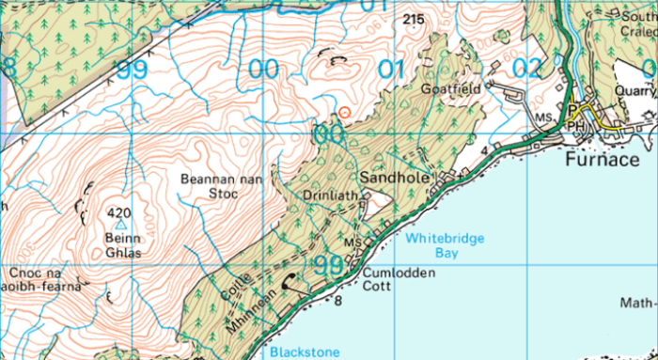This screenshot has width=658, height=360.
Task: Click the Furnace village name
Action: click(603, 160)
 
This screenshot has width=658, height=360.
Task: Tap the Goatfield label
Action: click(458, 89)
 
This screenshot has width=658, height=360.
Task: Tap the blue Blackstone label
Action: click(305, 352)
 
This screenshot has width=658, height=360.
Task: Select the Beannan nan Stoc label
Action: click(208, 185)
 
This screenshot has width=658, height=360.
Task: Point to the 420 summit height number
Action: click(119, 211)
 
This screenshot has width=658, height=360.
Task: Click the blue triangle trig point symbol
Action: click(119, 226)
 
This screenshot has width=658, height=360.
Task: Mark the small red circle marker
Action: click(345, 113)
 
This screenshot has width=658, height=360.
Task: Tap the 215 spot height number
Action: click(412, 19)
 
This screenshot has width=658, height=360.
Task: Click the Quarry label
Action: click(636, 91)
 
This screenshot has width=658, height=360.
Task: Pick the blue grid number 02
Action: click(528, 68)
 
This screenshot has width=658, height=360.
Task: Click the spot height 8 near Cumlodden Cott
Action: click(338, 301)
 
